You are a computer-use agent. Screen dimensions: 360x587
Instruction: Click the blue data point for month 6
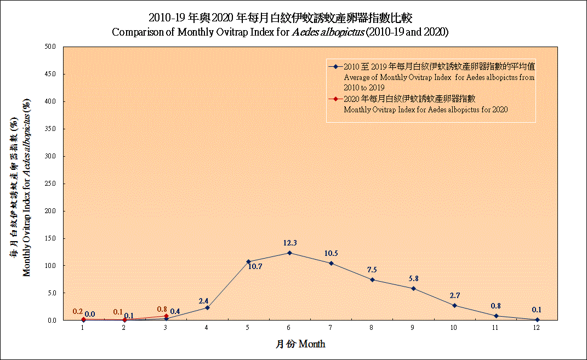(x=289, y=253)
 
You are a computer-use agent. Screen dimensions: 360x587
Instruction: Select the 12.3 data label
(x=289, y=243)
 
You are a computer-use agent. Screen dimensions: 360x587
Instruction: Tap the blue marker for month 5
(x=248, y=261)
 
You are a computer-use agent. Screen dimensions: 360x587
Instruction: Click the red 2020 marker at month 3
(x=166, y=316)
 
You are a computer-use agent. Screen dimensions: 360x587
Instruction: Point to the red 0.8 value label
(x=162, y=309)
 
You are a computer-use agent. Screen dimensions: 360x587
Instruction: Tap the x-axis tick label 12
(x=537, y=328)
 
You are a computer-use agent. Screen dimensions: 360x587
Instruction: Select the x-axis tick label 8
(x=372, y=328)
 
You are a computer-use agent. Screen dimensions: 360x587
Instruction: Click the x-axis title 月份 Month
(x=300, y=344)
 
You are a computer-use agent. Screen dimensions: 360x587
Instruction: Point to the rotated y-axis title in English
(x=26, y=187)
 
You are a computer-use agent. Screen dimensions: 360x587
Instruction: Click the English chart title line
(x=280, y=32)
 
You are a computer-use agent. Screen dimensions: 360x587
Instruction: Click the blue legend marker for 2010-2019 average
(x=335, y=67)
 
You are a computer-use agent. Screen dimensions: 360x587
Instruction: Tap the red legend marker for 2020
(x=335, y=99)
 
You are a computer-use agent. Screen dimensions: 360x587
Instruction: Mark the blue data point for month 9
(x=413, y=288)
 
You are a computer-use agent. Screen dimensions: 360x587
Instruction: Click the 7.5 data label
(x=372, y=270)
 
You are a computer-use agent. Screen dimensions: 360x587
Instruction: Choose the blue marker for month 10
(x=454, y=305)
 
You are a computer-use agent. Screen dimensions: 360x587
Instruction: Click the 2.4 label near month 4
(x=203, y=301)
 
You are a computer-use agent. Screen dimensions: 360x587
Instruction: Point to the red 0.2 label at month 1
(x=77, y=312)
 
